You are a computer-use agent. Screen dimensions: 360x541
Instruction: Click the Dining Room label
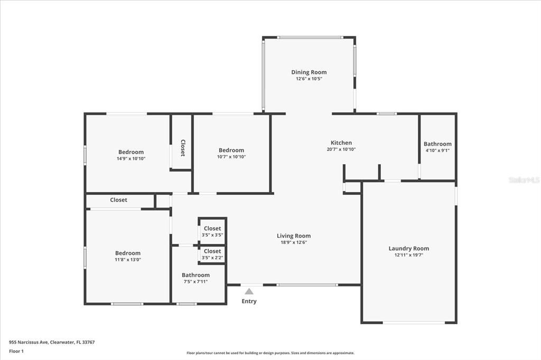309,72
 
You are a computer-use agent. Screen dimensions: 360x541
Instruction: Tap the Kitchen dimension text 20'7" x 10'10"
341,149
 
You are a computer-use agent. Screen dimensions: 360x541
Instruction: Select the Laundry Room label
408,248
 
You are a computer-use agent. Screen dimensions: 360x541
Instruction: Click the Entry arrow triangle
249,291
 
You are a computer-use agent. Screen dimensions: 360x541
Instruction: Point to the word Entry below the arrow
249,301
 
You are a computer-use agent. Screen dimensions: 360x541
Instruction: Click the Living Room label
294,236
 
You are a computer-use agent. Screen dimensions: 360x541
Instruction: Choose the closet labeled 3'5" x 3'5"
212,231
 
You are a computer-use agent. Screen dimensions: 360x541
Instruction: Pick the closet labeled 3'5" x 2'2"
212,254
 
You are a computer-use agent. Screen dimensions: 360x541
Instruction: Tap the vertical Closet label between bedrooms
183,148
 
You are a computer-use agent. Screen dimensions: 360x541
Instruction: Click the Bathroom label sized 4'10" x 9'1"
437,144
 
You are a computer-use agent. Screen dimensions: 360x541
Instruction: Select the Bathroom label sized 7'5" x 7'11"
195,275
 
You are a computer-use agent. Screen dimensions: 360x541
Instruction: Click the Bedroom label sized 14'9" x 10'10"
130,152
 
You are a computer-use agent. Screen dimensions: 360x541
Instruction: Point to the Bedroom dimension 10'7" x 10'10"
231,157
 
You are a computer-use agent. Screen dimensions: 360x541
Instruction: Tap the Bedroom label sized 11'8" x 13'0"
128,253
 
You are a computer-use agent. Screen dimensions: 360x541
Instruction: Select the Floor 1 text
16,351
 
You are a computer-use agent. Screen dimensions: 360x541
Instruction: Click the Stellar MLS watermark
524,180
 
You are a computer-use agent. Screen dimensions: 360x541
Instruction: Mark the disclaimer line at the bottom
270,353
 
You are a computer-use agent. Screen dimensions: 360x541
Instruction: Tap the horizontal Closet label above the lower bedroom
118,200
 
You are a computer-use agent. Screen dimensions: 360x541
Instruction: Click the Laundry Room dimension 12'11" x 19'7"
408,255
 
